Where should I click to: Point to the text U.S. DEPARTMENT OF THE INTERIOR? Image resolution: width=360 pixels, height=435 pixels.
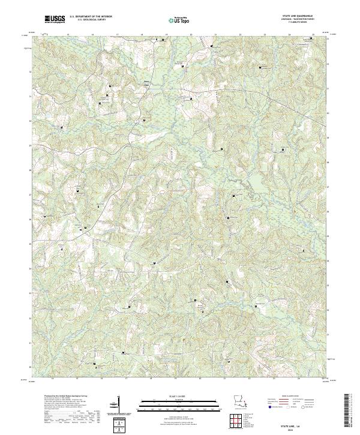pos(91,17)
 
